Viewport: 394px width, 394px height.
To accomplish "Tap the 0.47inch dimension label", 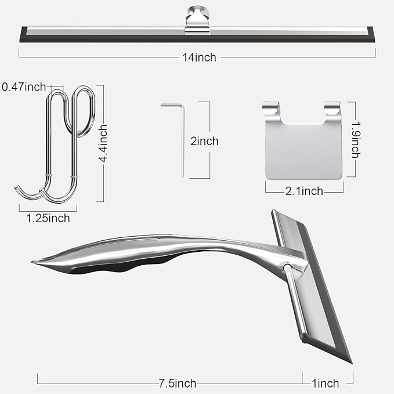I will tap(24, 87).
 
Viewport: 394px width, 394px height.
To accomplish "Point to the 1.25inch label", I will tap(48, 218).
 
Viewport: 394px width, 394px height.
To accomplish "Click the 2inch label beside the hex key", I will tap(204, 140).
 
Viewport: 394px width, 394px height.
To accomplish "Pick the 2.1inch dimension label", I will tap(305, 190).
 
